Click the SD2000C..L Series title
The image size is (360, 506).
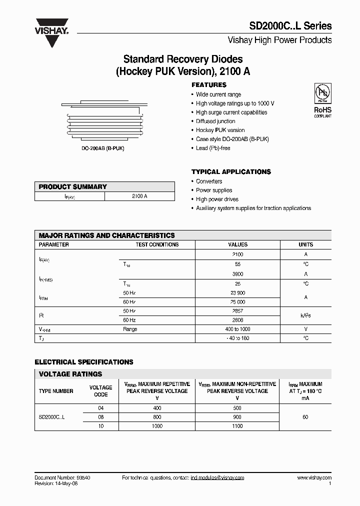tap(290, 26)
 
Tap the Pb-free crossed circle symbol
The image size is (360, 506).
tap(322, 93)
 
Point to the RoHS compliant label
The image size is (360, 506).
tap(322, 111)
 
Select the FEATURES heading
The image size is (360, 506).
tap(209, 85)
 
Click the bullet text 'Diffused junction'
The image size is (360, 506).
tap(215, 121)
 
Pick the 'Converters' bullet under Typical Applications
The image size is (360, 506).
tap(209, 181)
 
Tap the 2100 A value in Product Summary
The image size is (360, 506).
tap(139, 196)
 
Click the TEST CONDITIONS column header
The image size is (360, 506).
tap(157, 245)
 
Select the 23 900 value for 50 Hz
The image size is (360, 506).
tap(237, 293)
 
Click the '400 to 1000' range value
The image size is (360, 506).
tap(237, 329)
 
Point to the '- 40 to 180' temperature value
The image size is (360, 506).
tap(237, 338)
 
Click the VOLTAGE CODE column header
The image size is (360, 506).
tap(100, 391)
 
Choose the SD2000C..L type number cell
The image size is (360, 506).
tap(51, 417)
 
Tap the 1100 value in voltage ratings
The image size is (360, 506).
tap(237, 426)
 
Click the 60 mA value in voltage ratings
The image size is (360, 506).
tap(305, 417)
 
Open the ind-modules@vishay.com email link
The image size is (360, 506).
tap(217, 478)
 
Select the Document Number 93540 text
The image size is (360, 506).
tap(62, 478)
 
